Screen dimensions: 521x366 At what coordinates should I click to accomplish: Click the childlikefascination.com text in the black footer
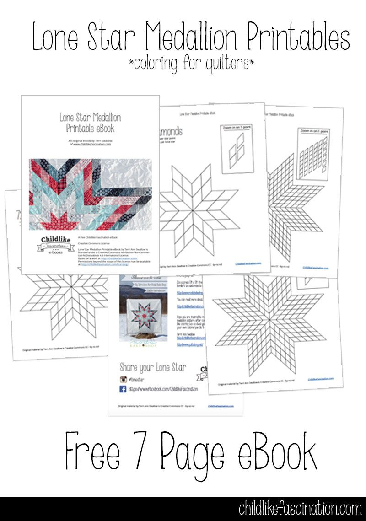coord(300,509)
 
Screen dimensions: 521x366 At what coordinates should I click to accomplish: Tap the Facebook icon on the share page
coord(123,389)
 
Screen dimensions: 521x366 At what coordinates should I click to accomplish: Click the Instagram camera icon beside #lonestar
coord(123,379)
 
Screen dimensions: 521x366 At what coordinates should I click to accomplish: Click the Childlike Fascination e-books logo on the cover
coord(51,246)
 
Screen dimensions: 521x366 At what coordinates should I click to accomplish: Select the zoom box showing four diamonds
coord(237,148)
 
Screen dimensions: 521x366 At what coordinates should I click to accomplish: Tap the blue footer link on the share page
coord(221,406)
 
